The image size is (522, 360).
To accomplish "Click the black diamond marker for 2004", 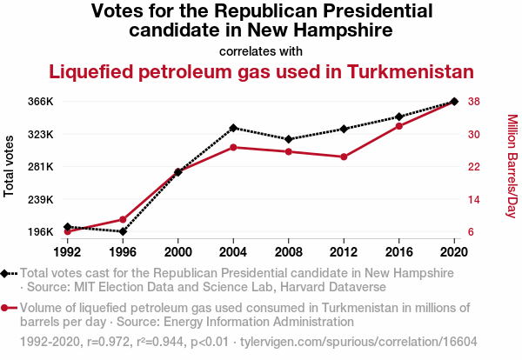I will point(233,128).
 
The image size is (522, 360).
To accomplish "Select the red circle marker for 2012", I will point(344,157).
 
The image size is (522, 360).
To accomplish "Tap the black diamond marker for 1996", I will point(123,231).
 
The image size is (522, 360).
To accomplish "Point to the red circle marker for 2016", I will point(398,126).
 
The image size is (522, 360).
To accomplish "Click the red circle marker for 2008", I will point(289,152).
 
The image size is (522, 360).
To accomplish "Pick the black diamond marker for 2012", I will point(344,129).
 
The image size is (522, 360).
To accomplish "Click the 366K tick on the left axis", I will point(40,102).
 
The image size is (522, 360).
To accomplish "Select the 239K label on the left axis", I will point(40,200).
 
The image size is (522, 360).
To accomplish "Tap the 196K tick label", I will point(40,232).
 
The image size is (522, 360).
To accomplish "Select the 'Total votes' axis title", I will point(10,166).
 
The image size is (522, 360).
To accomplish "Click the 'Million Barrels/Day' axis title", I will point(512,166).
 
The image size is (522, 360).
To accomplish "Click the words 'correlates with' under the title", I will point(261,50).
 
